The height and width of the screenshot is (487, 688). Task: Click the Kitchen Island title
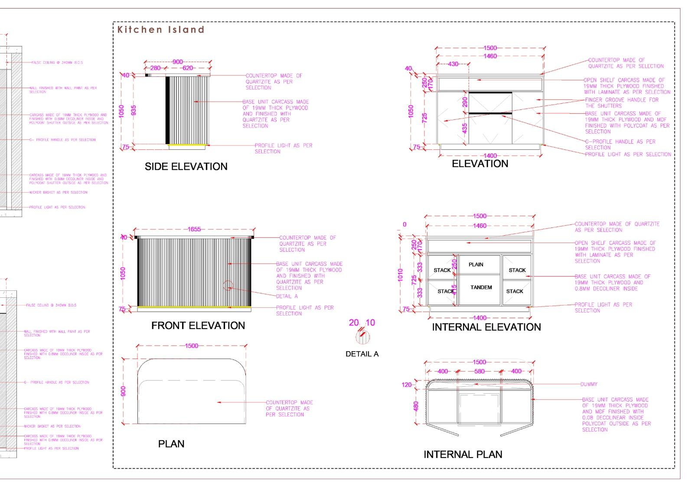click(x=160, y=30)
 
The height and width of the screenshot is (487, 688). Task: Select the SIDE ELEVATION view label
click(x=186, y=167)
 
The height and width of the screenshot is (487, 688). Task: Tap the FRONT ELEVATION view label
click(x=198, y=326)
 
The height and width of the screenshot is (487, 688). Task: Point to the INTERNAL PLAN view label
click(x=463, y=454)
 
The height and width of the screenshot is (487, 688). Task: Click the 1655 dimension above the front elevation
click(x=194, y=229)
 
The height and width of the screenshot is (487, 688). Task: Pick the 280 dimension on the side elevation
click(x=155, y=68)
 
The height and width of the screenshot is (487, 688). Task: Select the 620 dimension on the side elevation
click(x=188, y=68)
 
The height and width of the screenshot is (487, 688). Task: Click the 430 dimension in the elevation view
click(x=453, y=64)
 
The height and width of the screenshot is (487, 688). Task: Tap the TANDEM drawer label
click(x=481, y=287)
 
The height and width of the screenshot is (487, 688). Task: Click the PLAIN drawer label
click(x=476, y=264)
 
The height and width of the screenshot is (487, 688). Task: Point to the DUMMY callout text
click(x=589, y=384)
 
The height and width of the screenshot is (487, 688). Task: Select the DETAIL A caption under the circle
click(x=362, y=354)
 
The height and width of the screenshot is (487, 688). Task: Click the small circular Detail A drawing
click(x=362, y=336)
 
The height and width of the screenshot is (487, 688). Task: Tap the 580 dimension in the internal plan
click(x=479, y=371)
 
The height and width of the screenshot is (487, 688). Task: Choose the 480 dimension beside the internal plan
click(x=416, y=406)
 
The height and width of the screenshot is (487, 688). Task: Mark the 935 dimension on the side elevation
click(x=134, y=111)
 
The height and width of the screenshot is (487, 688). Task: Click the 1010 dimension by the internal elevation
click(x=400, y=275)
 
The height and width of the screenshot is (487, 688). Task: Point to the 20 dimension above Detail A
click(x=354, y=322)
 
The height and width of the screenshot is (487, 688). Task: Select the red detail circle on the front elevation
click(x=228, y=286)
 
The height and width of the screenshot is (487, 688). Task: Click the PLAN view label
click(x=171, y=444)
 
